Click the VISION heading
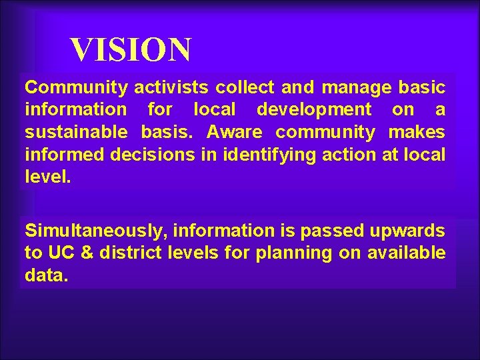tap(131, 50)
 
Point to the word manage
tap(354, 87)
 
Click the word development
tap(314, 109)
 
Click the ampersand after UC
tap(81, 253)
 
